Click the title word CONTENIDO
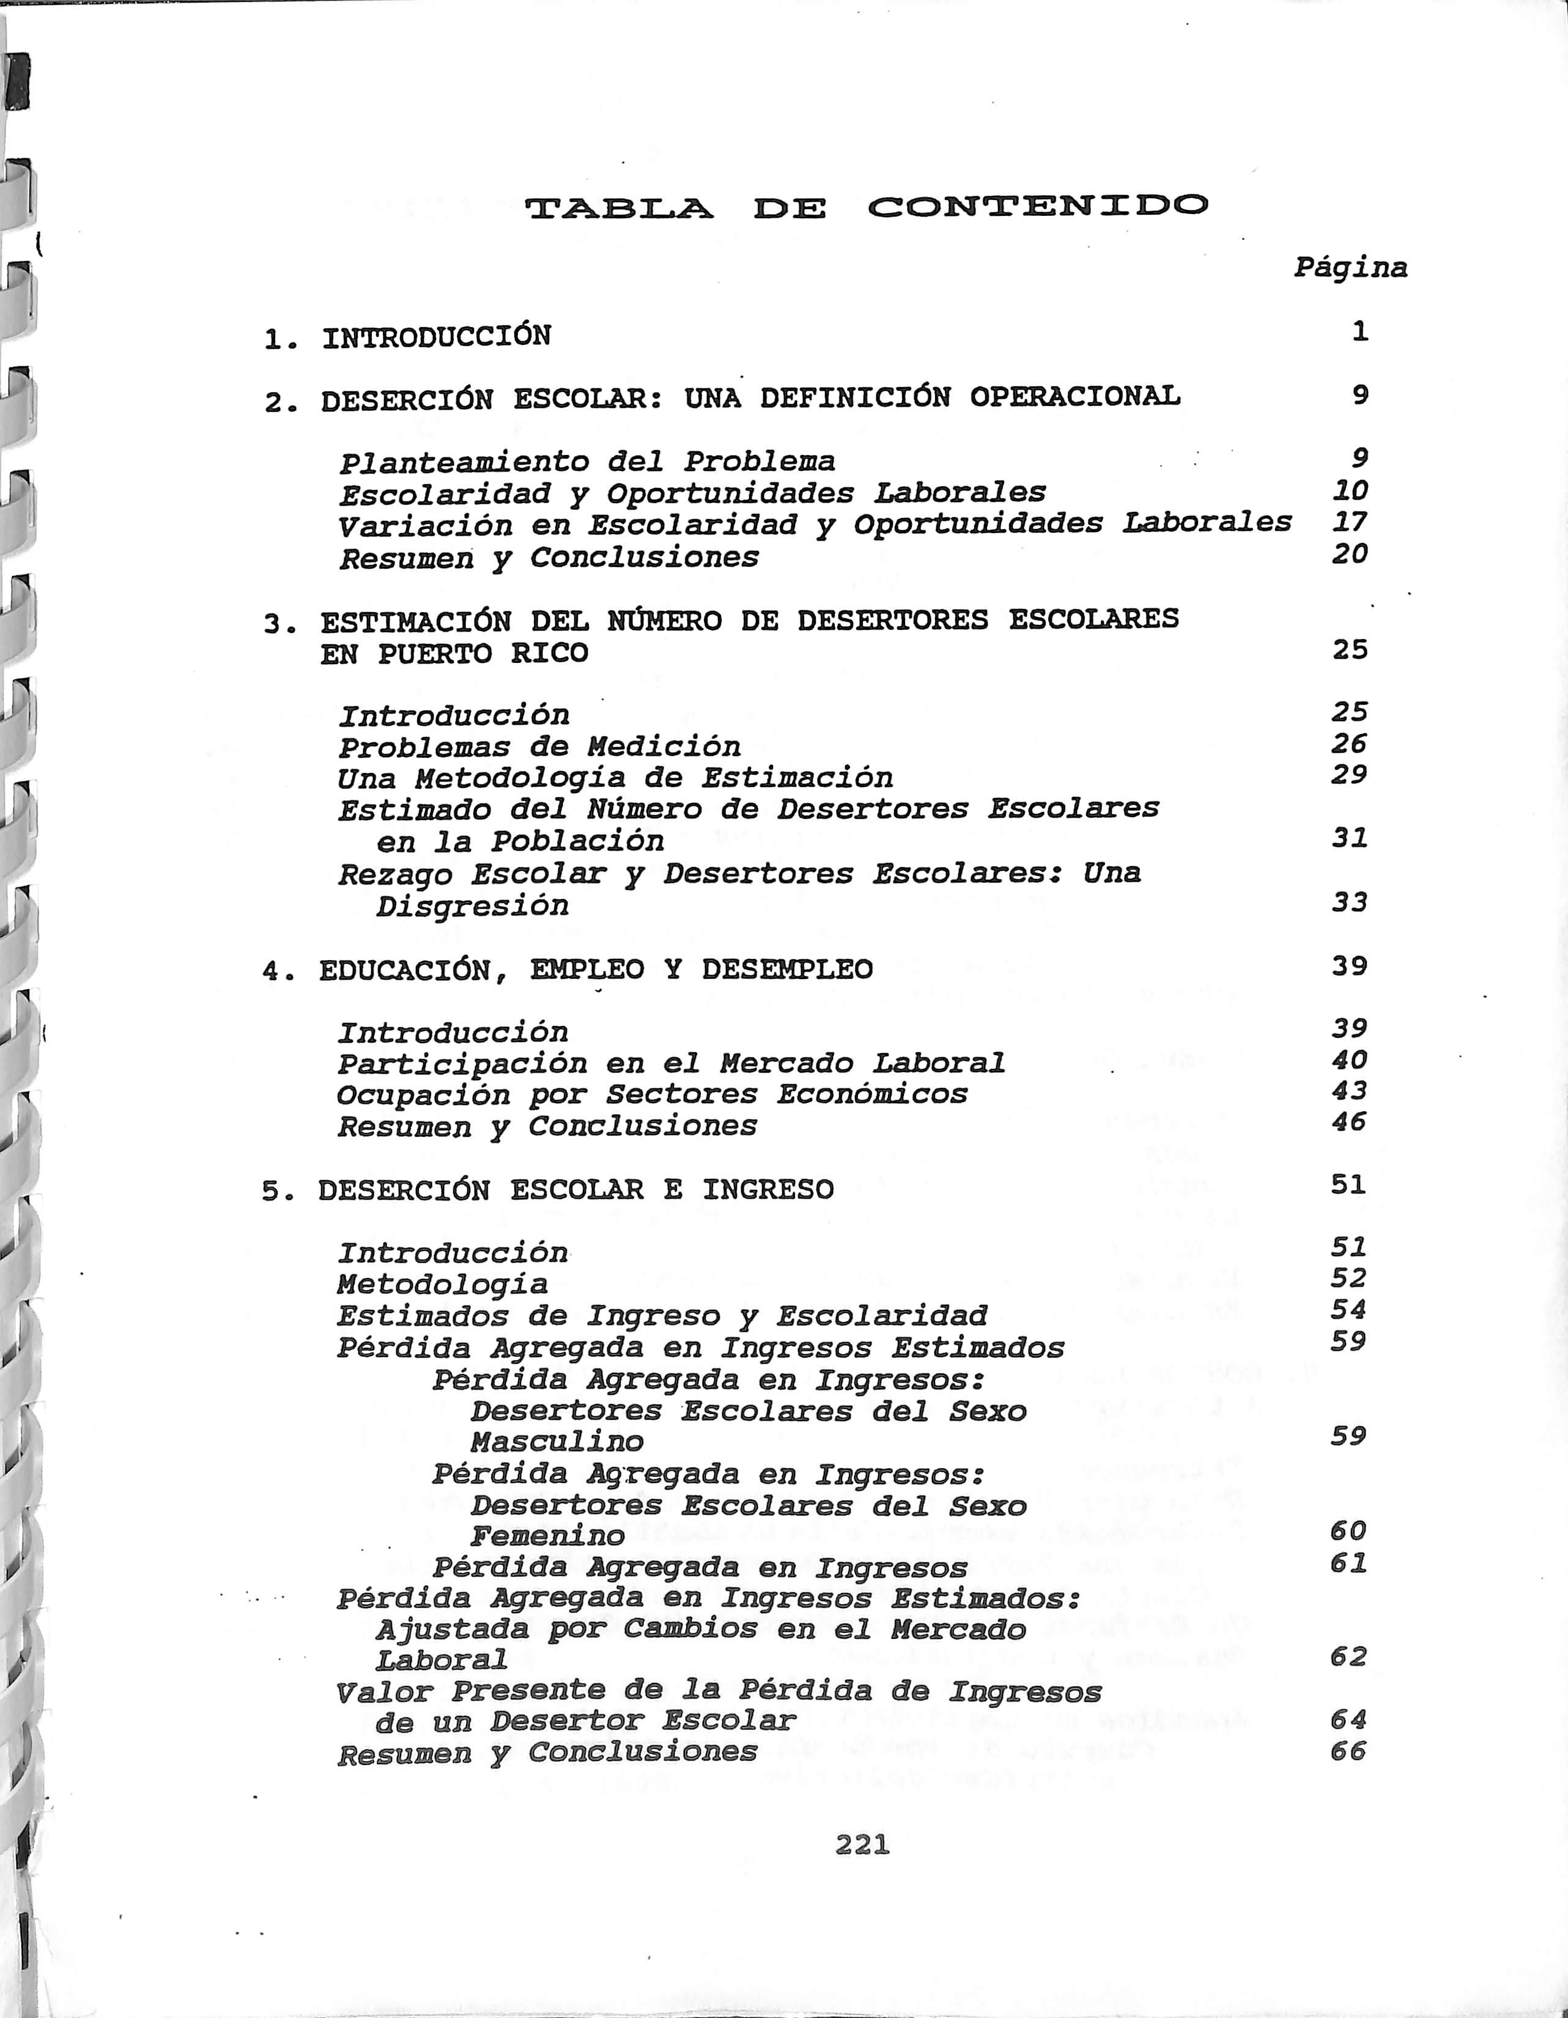[x=1038, y=207]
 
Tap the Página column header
[x=1350, y=268]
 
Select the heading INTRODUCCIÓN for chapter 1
[x=436, y=336]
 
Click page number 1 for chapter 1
[x=1359, y=331]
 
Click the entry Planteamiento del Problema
[x=586, y=462]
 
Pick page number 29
[x=1349, y=774]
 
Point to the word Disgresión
[x=472, y=906]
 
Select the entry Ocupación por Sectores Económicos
[x=651, y=1095]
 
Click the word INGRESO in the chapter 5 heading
[x=767, y=1190]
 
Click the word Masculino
[x=557, y=1441]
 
